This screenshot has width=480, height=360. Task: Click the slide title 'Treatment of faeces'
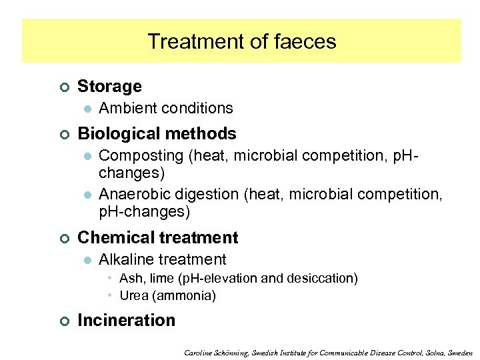tap(241, 41)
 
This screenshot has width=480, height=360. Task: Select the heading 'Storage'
tap(109, 86)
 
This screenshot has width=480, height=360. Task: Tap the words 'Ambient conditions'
tap(165, 108)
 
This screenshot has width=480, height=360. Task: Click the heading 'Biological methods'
tap(157, 133)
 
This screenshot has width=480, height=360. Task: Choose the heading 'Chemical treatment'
tap(157, 237)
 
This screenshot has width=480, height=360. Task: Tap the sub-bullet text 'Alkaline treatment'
tap(162, 259)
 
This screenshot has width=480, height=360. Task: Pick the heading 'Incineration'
tap(126, 320)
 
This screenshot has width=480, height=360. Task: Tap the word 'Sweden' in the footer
tap(459, 352)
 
